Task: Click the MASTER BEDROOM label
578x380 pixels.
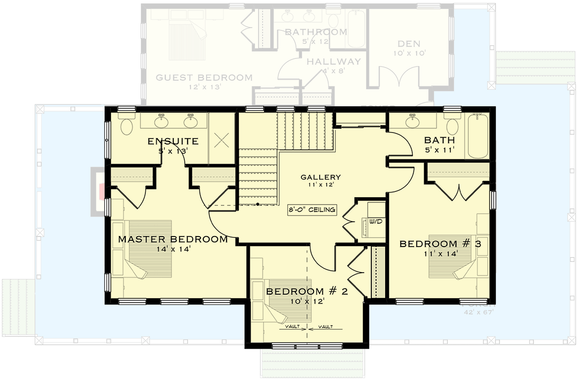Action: coord(173,239)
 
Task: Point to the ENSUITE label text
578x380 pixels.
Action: coord(173,141)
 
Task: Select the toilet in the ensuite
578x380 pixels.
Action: coord(127,126)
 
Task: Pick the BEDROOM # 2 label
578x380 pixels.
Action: coord(307,291)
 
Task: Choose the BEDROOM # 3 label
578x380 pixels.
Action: coord(440,244)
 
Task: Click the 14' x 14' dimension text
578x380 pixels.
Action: coord(173,249)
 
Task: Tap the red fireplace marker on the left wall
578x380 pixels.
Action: coord(101,191)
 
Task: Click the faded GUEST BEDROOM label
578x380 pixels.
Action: coord(204,77)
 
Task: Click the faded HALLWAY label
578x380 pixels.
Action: coord(333,62)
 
